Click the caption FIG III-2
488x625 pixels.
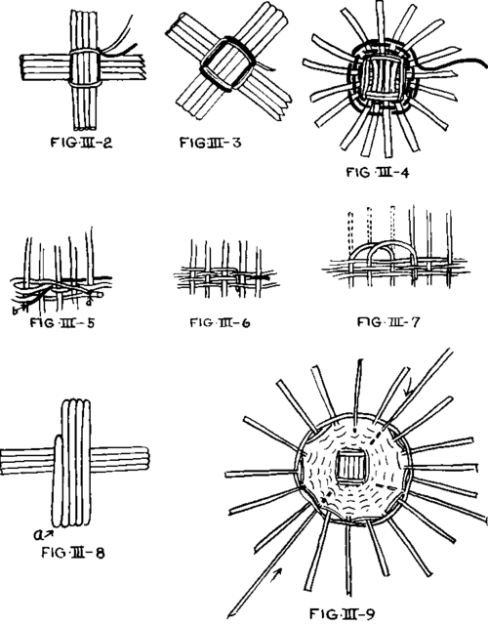point(81,143)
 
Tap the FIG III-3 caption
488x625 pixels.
point(211,143)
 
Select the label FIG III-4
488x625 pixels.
point(378,172)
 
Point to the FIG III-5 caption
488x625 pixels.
point(62,322)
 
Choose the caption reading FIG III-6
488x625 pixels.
point(220,322)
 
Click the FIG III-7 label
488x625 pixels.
point(388,321)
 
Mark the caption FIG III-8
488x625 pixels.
point(73,553)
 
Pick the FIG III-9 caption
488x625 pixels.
point(343,613)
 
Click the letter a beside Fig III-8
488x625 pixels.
point(37,534)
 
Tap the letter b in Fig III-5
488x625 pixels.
point(16,310)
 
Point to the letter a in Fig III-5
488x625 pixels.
point(89,302)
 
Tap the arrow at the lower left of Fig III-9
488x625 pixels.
point(276,574)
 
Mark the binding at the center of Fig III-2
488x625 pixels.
point(85,67)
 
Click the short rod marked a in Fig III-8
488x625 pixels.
point(58,479)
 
